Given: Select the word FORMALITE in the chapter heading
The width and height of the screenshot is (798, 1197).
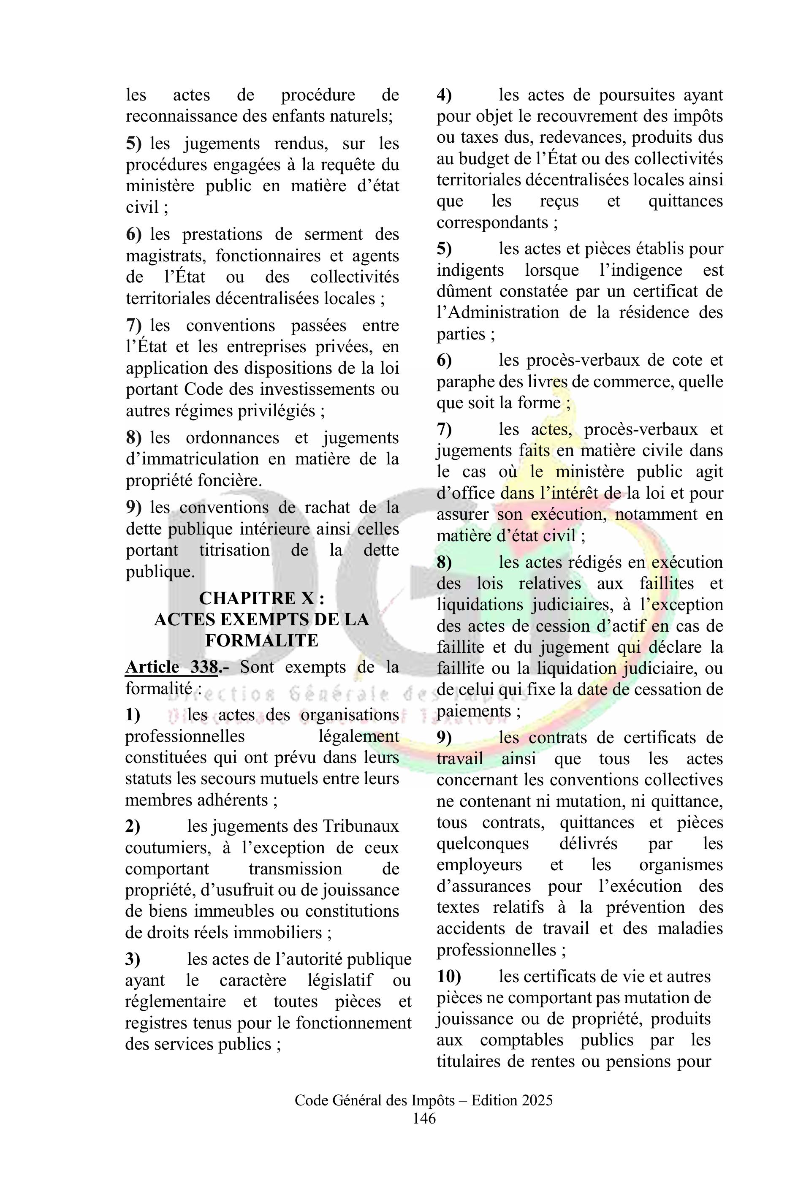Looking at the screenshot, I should tap(262, 640).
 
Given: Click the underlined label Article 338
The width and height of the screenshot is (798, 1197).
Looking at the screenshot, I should tap(172, 667).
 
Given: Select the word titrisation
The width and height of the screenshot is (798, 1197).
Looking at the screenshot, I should tap(234, 550).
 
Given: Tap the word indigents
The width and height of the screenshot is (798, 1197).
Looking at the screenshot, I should tap(470, 270).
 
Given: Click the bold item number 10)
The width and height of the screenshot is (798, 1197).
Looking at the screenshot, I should tap(448, 976).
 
